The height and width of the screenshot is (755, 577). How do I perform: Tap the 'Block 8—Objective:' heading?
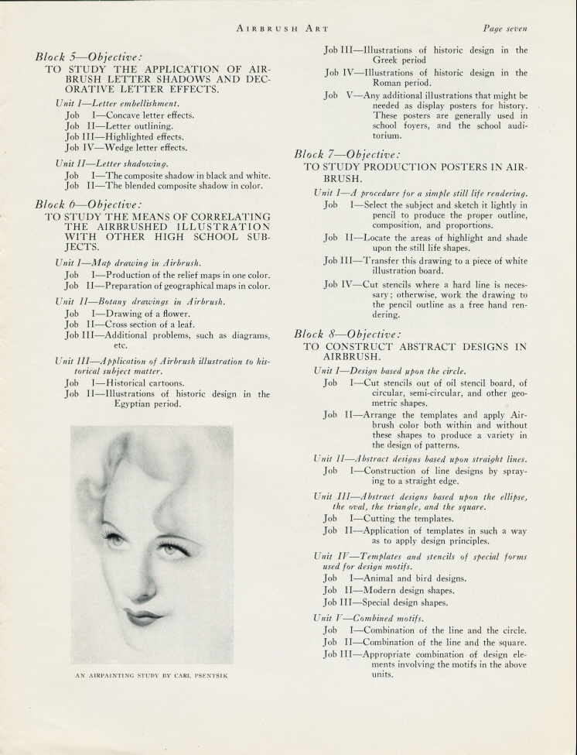pyautogui.click(x=347, y=335)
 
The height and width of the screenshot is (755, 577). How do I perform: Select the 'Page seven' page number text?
pyautogui.click(x=504, y=29)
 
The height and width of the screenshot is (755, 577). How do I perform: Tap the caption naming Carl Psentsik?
pyautogui.click(x=152, y=675)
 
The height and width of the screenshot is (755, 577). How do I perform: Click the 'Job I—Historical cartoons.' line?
pyautogui.click(x=125, y=383)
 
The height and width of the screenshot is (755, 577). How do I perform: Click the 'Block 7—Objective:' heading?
pyautogui.click(x=347, y=154)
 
